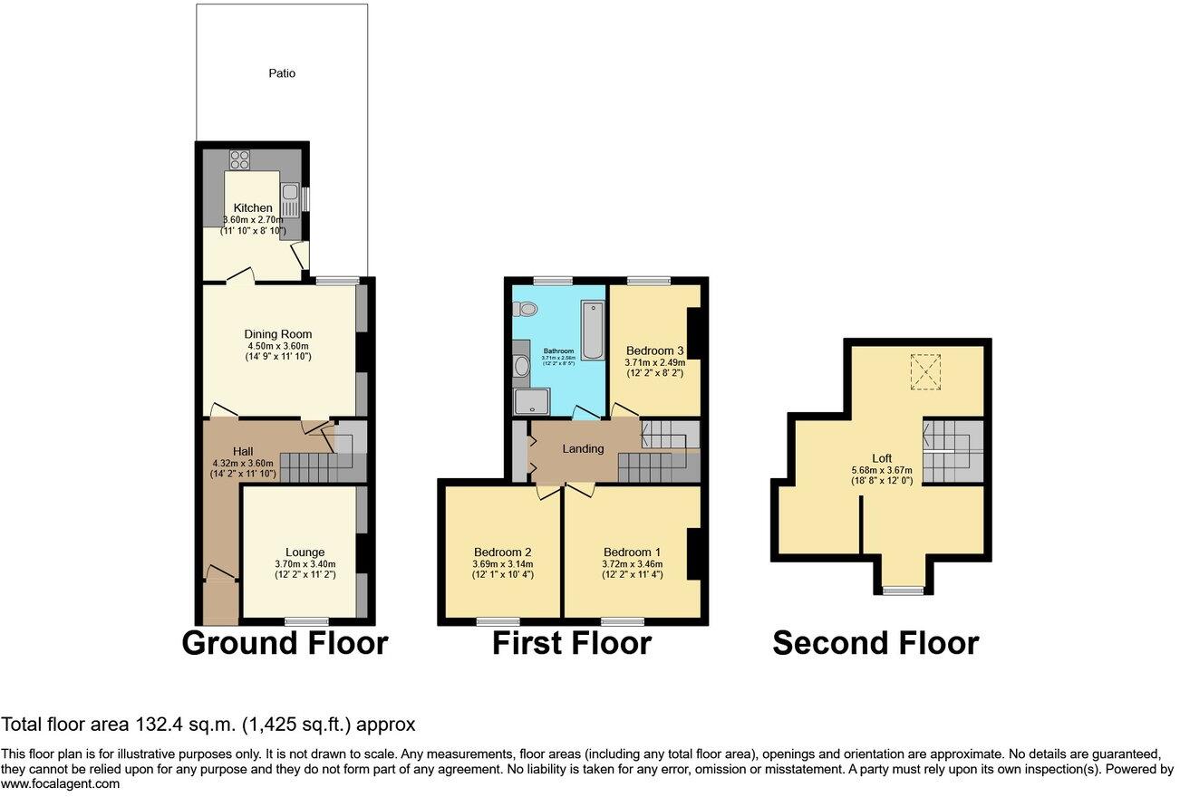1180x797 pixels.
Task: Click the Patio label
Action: [x=283, y=73]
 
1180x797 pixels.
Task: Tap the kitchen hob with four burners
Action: [x=239, y=159]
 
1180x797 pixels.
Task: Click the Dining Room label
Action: [x=278, y=334]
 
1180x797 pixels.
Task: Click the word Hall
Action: [x=242, y=451]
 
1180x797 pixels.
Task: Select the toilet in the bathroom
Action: [x=524, y=309]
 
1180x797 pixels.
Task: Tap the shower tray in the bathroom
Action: [x=525, y=401]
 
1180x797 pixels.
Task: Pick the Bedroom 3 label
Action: [x=654, y=350]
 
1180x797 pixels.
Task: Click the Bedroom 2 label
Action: [x=502, y=552]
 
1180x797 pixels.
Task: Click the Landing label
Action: [x=583, y=448]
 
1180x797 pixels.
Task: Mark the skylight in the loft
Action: [x=924, y=370]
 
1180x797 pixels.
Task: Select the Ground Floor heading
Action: [x=285, y=643]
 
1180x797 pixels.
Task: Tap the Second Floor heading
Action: [x=875, y=643]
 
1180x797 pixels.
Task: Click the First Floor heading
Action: [x=571, y=643]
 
